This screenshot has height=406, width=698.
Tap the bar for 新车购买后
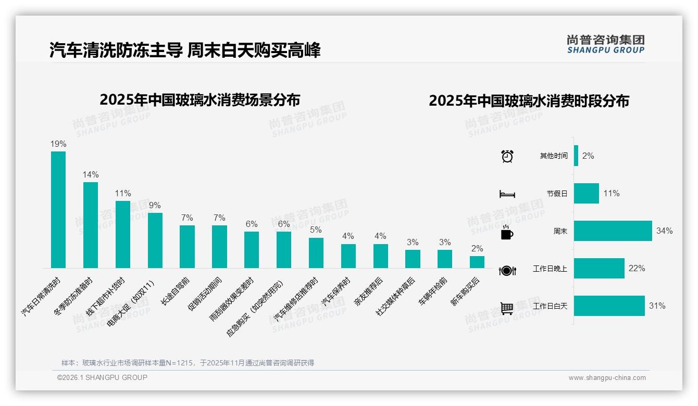[477, 262]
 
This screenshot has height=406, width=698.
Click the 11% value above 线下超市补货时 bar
[123, 193]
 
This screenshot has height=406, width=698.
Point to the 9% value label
[155, 205]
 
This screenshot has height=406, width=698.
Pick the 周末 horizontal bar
[613, 231]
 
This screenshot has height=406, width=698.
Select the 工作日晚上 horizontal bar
[599, 268]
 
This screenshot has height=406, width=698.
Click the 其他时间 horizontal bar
[576, 156]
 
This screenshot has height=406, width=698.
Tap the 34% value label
[664, 231]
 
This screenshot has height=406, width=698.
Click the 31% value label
[657, 306]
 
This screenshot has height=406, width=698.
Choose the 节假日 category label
[557, 194]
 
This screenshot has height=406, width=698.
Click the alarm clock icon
[507, 156]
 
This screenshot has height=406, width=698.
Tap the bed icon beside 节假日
[507, 194]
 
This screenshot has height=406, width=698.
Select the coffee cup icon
[507, 233]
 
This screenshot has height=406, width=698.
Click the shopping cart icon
[507, 308]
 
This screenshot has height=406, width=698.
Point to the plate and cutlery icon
[507, 270]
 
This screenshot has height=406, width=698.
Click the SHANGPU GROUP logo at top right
[605, 44]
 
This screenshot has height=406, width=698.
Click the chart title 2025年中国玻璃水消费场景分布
[200, 99]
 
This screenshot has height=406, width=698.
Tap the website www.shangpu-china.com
[607, 378]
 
